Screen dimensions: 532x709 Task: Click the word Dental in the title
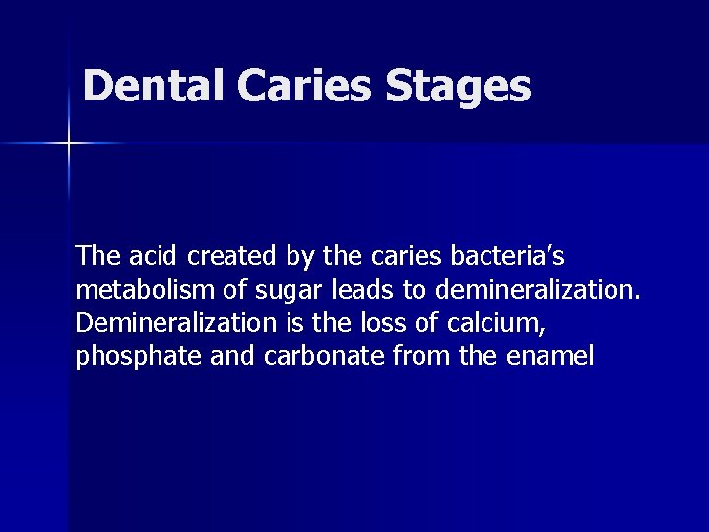click(x=155, y=86)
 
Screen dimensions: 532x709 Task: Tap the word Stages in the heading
click(x=458, y=88)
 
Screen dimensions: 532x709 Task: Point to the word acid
click(x=151, y=257)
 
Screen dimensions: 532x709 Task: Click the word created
click(x=231, y=257)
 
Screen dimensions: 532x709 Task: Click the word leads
click(x=360, y=291)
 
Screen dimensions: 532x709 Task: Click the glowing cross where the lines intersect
click(x=69, y=144)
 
